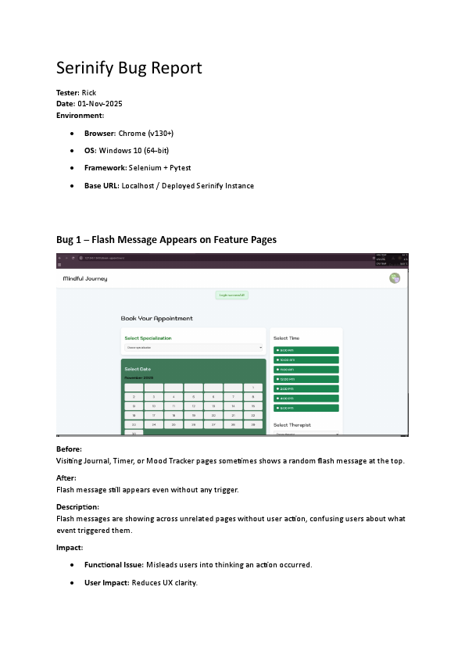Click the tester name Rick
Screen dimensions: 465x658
(89, 92)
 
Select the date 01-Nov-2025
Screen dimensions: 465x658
(100, 104)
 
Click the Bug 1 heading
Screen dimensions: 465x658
(166, 239)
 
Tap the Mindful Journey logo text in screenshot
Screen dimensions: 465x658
(85, 279)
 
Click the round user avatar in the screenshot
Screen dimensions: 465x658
(395, 279)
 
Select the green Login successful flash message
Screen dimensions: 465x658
(232, 295)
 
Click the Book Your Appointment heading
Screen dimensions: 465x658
(156, 319)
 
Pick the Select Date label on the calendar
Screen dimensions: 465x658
(138, 369)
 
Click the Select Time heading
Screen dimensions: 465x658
(286, 338)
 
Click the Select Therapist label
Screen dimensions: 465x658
(292, 425)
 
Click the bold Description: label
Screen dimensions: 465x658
(77, 507)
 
